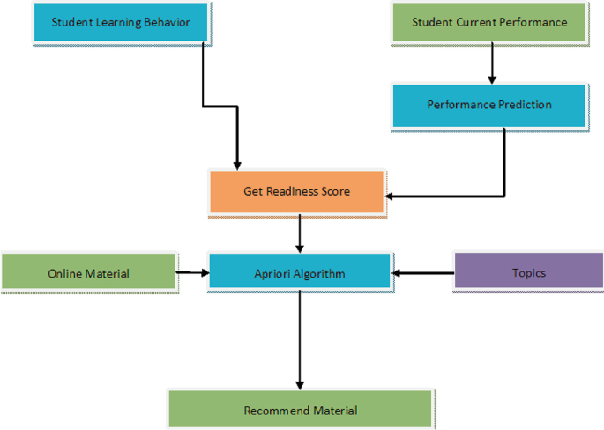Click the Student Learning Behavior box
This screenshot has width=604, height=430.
click(x=120, y=22)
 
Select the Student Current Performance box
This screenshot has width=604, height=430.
click(x=489, y=22)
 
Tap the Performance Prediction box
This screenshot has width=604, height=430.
click(x=489, y=105)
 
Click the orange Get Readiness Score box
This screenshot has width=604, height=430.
click(x=297, y=191)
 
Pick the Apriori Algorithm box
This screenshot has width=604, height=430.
click(x=299, y=274)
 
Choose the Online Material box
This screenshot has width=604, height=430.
click(x=88, y=273)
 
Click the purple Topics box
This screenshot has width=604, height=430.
click(x=528, y=273)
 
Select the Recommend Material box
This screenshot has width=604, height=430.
click(x=300, y=411)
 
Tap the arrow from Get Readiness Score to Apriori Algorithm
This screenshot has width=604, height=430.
click(x=300, y=234)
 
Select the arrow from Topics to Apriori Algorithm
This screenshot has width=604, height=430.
click(x=423, y=273)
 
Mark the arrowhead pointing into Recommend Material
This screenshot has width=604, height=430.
click(x=300, y=384)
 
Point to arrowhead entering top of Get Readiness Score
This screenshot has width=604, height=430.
click(x=236, y=164)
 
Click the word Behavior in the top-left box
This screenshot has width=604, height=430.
click(x=167, y=22)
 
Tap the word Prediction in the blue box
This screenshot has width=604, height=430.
click(x=522, y=105)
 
